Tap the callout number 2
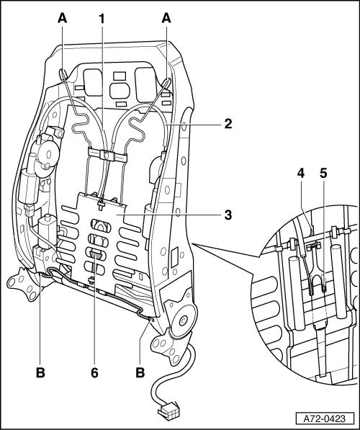pyautogui.click(x=227, y=123)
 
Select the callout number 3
pyautogui.click(x=227, y=214)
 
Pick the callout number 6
pyautogui.click(x=95, y=372)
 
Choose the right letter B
pyautogui.click(x=139, y=372)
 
